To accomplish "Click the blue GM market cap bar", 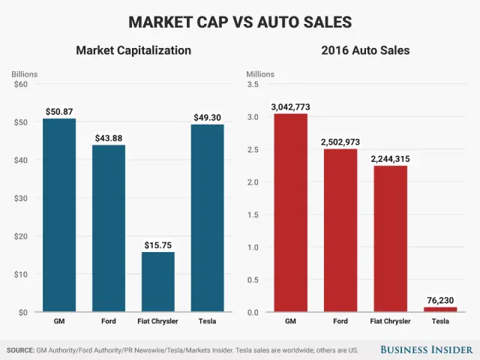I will (x=58, y=215).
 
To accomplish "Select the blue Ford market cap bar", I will (x=108, y=229).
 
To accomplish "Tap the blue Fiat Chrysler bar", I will (x=157, y=282).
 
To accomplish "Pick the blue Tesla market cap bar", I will (x=207, y=218).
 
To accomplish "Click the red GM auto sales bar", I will (x=290, y=213).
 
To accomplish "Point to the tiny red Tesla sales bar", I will (x=439, y=309).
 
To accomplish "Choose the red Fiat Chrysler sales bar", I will (x=390, y=238).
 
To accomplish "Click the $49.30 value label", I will (x=207, y=118).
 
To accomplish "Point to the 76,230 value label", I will (x=439, y=300).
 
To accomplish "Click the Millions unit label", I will (x=260, y=74).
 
